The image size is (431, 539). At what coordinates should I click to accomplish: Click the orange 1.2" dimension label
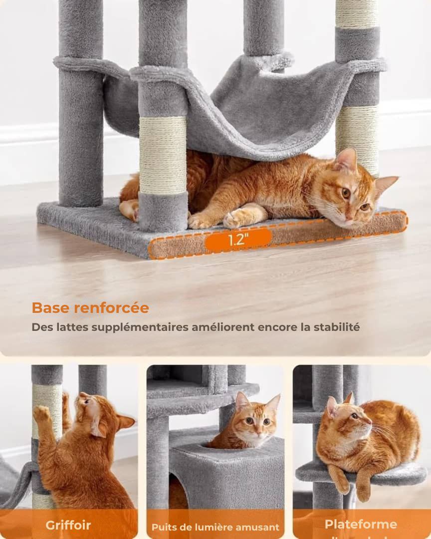(238, 240)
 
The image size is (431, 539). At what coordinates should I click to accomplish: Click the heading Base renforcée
(90, 308)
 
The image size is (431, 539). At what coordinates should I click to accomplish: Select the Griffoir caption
(68, 525)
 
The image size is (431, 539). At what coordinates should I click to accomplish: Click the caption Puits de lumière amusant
(215, 527)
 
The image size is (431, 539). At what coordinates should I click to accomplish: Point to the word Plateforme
(361, 524)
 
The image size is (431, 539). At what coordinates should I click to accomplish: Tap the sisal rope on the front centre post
(163, 155)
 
